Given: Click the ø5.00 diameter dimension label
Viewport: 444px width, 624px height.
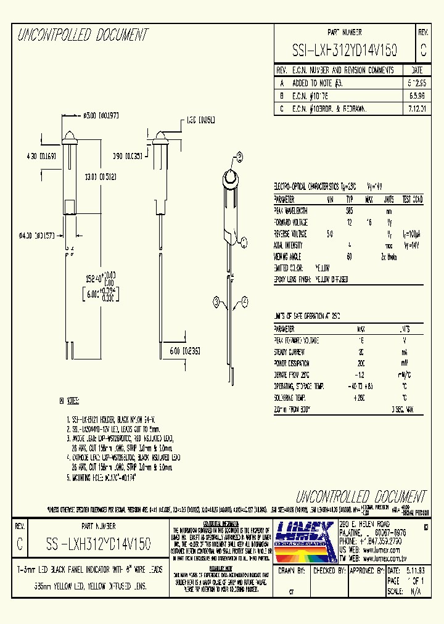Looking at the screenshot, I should pos(101,115).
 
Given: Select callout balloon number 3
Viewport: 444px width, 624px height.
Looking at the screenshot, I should pos(217,302).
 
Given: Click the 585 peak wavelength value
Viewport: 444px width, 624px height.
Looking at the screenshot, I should pos(350,211).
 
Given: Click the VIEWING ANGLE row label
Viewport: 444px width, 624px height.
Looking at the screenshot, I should pos(292,257).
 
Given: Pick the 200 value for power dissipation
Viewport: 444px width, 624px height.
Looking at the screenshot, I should pos(361,364).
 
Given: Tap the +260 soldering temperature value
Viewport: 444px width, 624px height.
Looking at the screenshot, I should pos(361,398).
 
